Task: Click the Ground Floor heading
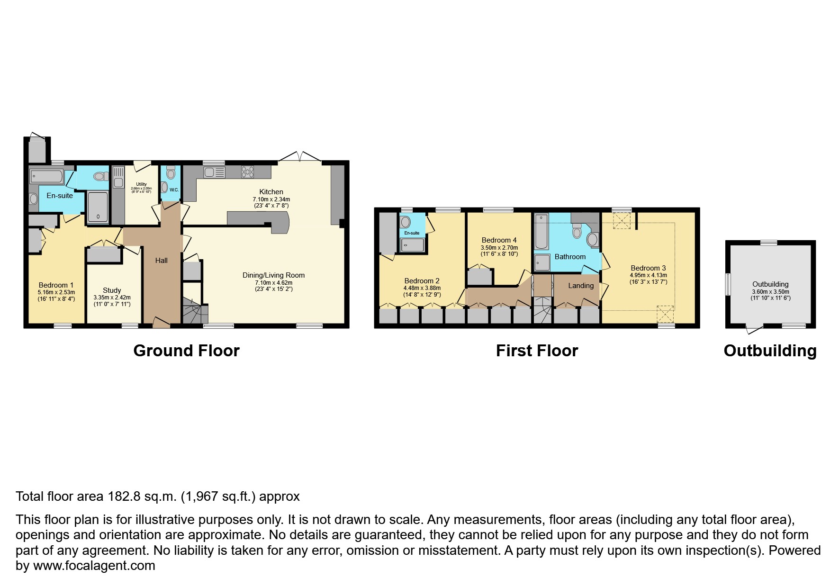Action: [186, 351]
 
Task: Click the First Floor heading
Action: [537, 351]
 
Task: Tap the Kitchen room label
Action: [271, 192]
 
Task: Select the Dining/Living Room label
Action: [273, 275]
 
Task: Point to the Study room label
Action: [112, 290]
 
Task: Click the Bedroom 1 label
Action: [56, 285]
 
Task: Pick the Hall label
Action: [162, 261]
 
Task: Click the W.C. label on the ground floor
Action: [174, 190]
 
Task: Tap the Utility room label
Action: [141, 184]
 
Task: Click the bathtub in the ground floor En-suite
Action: [45, 177]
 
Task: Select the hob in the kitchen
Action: [247, 171]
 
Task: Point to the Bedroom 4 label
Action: [499, 240]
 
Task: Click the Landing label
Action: [581, 286]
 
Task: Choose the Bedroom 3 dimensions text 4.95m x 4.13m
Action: [648, 275]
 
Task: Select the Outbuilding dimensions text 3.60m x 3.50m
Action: [770, 291]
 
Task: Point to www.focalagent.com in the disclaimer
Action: [94, 566]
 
